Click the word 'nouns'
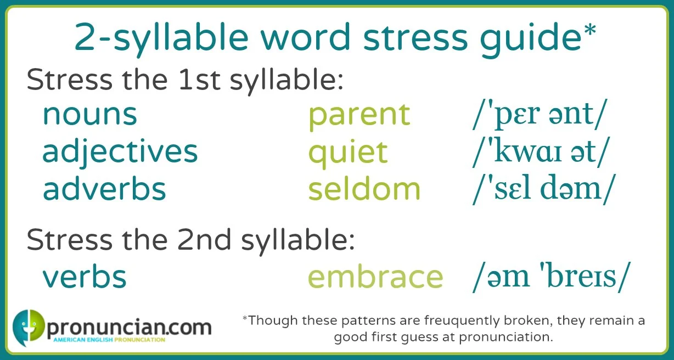point(89,114)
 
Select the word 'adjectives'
point(120,151)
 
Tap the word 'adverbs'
point(104,188)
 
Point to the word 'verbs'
point(85,277)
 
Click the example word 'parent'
point(359,114)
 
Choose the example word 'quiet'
point(348,151)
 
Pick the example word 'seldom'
point(364,188)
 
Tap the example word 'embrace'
point(375,277)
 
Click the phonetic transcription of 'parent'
point(540,115)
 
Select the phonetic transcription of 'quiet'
point(541,153)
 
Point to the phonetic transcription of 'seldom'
point(541,189)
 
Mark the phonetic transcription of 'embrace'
point(548,277)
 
